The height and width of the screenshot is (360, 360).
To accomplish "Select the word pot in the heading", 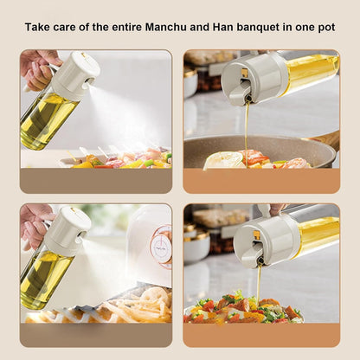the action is (x=326, y=28).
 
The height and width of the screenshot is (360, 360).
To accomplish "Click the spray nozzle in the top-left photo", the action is (x=90, y=81).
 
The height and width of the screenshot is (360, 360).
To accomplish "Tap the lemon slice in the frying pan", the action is (x=223, y=159).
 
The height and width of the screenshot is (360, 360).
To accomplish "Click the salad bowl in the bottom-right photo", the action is (x=243, y=309).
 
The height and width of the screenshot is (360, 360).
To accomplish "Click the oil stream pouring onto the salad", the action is (x=259, y=284).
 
